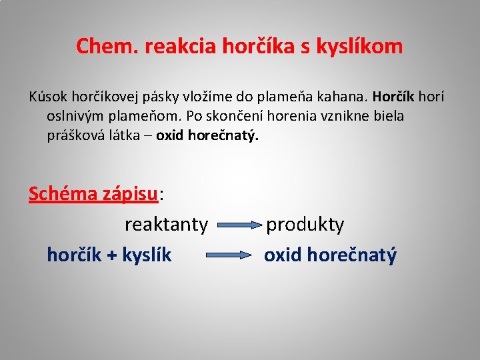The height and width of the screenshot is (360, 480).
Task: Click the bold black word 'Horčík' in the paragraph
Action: pos(393,97)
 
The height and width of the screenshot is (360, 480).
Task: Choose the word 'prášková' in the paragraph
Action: pos(71,135)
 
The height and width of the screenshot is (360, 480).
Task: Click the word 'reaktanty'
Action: pos(166,225)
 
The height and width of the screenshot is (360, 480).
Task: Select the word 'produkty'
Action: pos(305,225)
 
